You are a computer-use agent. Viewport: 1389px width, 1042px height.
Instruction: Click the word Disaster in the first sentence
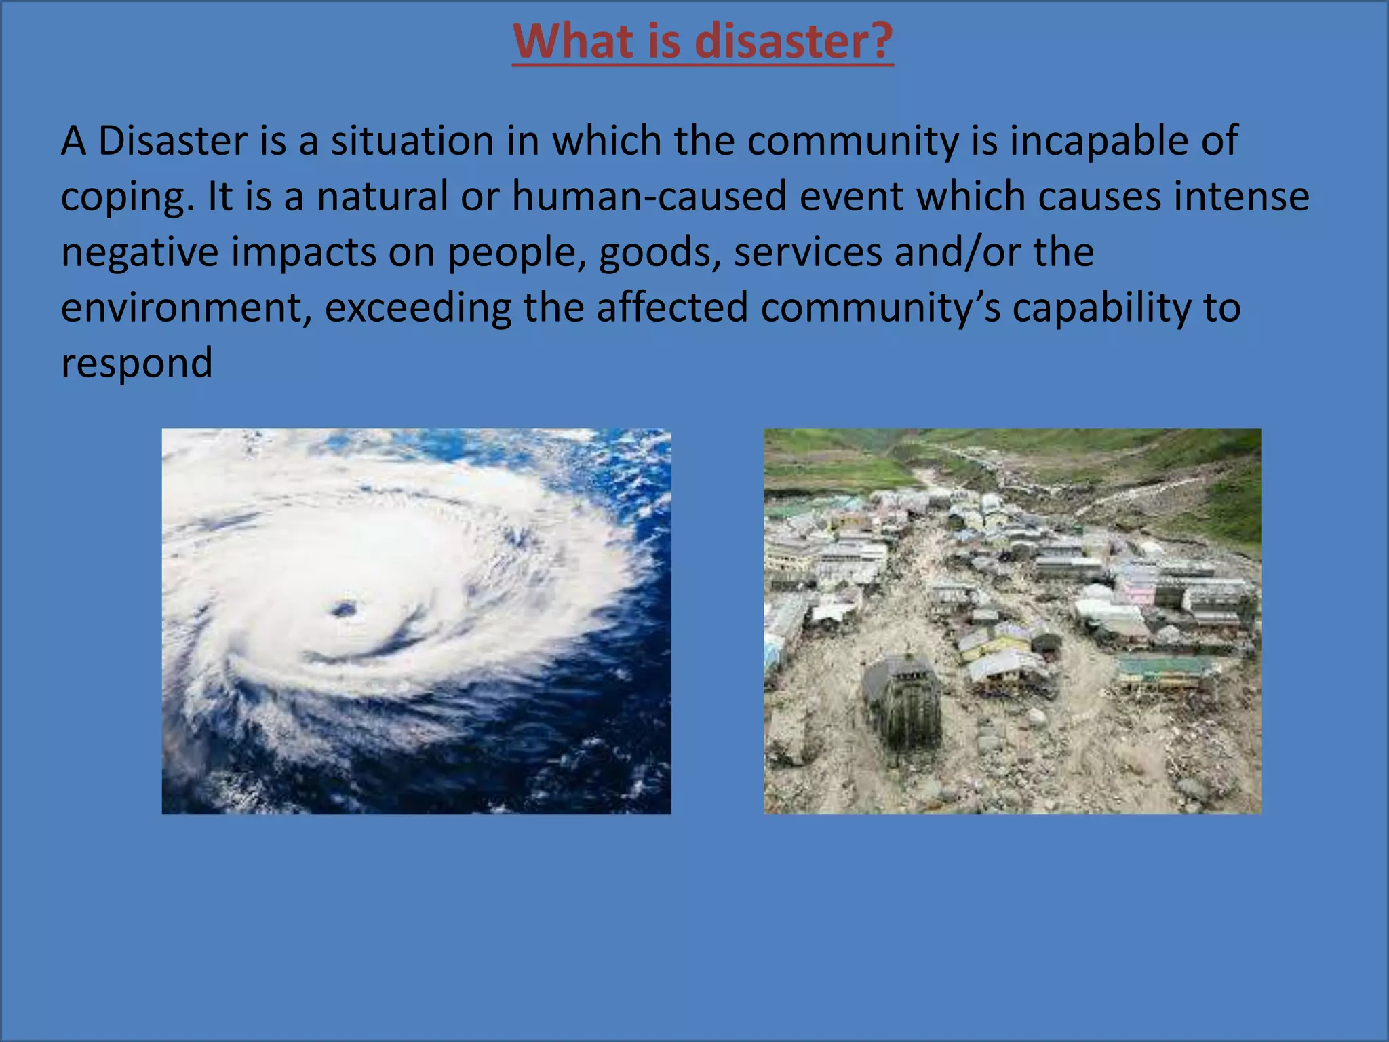tap(172, 141)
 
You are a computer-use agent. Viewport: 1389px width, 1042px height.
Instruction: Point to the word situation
tap(412, 141)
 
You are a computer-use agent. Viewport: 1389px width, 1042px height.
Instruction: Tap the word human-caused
tap(649, 197)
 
